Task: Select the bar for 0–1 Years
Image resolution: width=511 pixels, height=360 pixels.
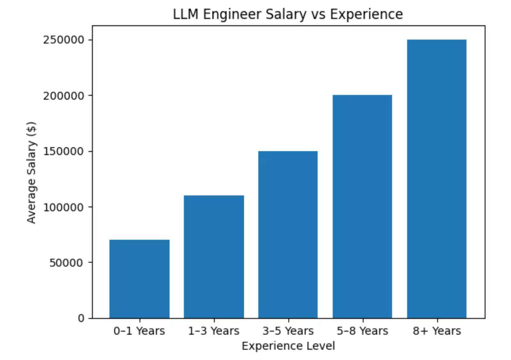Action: [x=139, y=279]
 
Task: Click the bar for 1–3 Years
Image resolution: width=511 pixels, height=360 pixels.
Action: [x=214, y=257]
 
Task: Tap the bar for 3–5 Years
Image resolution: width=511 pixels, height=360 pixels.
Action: [x=288, y=235]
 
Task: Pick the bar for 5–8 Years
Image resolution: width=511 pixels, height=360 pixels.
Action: [x=362, y=206]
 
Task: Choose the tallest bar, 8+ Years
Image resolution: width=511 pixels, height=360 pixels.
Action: [x=437, y=179]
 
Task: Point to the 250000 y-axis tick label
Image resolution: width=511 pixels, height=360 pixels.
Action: [x=64, y=40]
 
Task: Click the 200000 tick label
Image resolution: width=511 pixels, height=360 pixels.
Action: [x=64, y=96]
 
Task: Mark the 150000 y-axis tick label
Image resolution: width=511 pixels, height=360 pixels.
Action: [x=64, y=151]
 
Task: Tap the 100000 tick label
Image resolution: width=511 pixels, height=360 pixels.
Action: [x=64, y=207]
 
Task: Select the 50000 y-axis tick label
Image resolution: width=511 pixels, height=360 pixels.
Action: [x=66, y=263]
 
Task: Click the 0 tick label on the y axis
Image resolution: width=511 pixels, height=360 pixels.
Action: [x=81, y=318]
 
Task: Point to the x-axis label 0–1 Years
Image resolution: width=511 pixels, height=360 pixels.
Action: [x=139, y=331]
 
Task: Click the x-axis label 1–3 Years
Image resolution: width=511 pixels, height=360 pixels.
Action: [x=214, y=331]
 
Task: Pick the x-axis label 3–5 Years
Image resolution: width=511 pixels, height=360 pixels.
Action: [x=288, y=331]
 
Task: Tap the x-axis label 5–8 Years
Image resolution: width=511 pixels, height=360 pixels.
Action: [x=362, y=331]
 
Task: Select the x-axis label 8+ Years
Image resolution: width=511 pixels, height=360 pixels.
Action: [x=437, y=331]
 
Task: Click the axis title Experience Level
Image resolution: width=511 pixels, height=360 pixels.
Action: [x=288, y=346]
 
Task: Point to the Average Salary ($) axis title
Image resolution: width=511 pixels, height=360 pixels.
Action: [x=31, y=173]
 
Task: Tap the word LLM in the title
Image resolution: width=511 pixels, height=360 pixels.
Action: [x=186, y=14]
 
